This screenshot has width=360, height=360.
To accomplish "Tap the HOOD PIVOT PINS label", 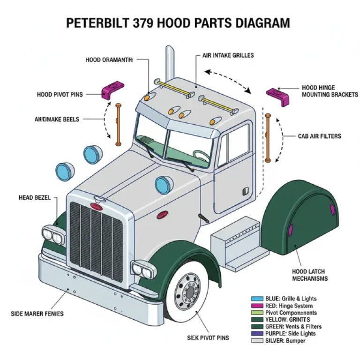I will (60, 95).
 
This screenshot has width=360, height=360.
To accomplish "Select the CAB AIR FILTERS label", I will (319, 136).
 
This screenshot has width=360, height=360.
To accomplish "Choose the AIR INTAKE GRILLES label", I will (228, 55).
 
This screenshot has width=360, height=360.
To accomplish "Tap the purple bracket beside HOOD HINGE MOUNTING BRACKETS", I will (277, 96).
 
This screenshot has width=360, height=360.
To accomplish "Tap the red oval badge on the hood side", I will (162, 215).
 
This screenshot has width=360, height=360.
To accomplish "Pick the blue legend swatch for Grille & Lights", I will (257, 299).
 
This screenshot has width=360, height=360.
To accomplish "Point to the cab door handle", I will (245, 191).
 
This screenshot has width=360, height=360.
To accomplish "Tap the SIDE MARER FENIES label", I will (37, 314).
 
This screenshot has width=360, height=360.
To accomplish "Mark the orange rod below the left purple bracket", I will (119, 124).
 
